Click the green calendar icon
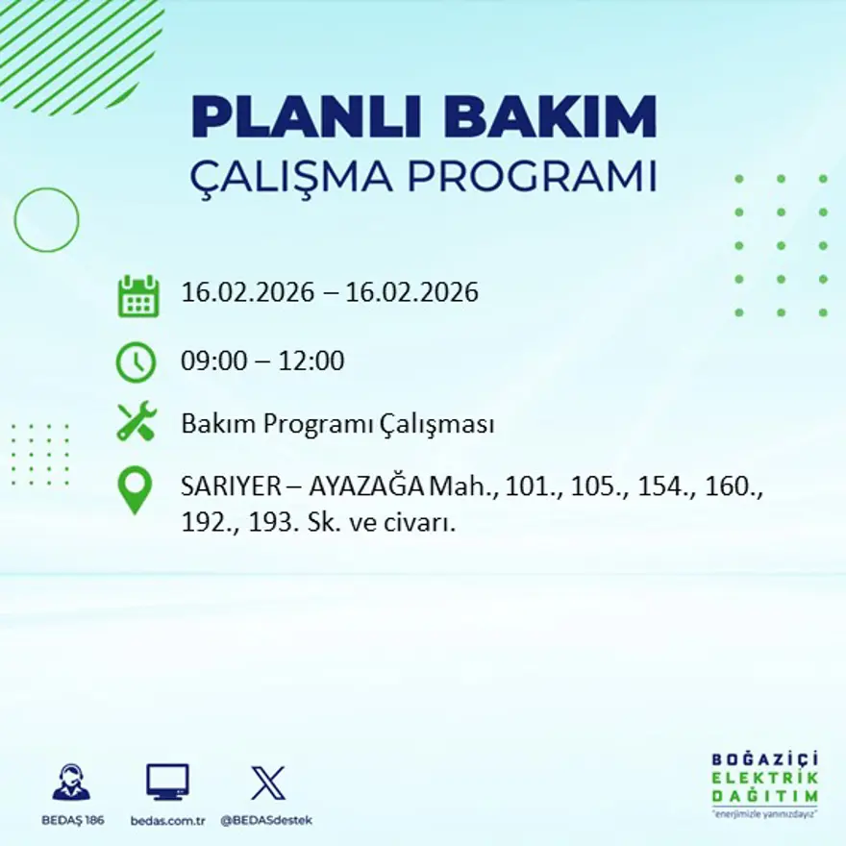coord(137,296)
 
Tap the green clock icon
coord(136,362)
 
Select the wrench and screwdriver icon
coord(136,422)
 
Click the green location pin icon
coord(135,488)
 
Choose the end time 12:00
coord(311,361)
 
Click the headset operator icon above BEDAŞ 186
coord(71,783)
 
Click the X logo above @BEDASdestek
coord(267,783)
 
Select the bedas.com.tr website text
coord(168,820)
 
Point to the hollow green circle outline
coord(46,220)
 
